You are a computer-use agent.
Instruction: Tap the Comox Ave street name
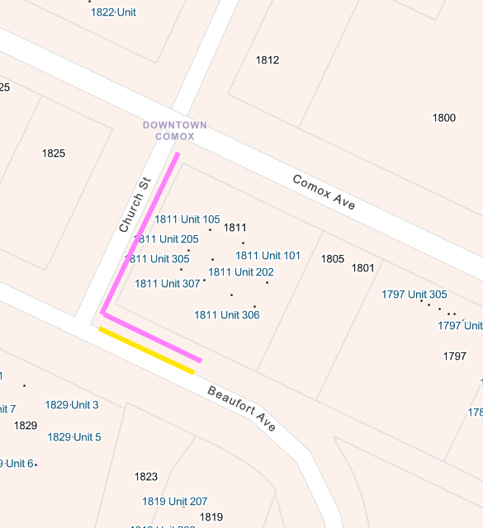tap(324, 191)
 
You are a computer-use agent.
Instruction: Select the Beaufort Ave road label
tap(241, 408)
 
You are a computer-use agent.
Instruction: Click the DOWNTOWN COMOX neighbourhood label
tap(174, 130)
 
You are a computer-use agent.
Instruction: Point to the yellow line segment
tap(147, 351)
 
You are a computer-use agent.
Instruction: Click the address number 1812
tap(268, 60)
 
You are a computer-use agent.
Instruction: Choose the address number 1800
tap(444, 118)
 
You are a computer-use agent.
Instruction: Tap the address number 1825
tap(53, 153)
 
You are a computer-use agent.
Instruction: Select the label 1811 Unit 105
tap(187, 219)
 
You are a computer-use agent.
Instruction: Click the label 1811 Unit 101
tap(268, 256)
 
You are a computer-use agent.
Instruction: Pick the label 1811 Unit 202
tap(241, 272)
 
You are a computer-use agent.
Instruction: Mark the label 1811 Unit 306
tap(227, 315)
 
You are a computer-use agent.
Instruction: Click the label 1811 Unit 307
tap(168, 284)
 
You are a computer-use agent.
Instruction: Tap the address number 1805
tap(333, 259)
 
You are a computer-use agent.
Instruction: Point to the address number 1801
tap(362, 268)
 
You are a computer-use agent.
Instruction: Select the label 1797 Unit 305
tap(414, 295)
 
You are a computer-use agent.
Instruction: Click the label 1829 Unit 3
tap(72, 405)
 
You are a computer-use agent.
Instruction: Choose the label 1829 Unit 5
tap(74, 437)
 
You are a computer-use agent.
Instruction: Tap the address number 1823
tap(146, 477)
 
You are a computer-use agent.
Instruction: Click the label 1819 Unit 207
tap(175, 502)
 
